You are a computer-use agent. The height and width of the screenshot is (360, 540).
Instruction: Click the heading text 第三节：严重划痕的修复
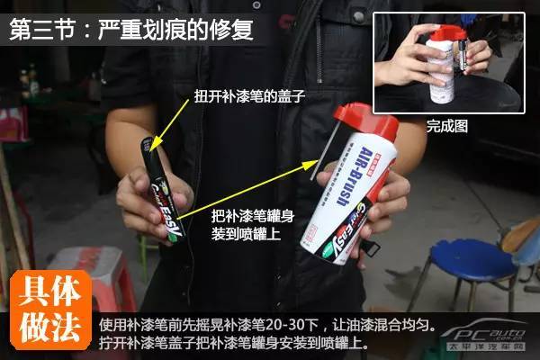[130, 29]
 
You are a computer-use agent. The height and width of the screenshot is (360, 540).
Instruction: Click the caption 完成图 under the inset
[446, 127]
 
